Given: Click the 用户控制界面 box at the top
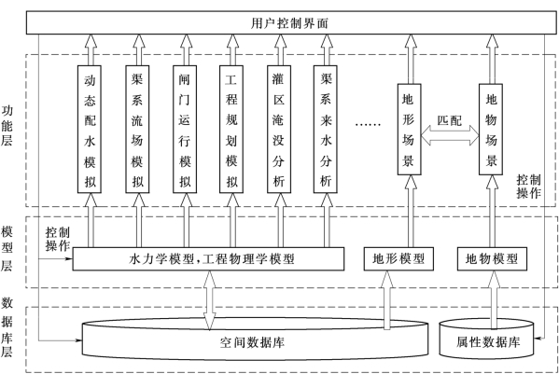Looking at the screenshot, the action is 291,22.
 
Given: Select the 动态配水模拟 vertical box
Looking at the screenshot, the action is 90,130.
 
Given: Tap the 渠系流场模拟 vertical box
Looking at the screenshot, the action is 137,130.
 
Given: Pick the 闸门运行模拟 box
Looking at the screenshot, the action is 185,130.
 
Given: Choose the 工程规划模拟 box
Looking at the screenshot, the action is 231,130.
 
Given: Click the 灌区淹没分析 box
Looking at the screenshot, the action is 279,130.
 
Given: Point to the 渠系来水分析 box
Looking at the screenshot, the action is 326,130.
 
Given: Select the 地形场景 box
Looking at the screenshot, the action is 410,130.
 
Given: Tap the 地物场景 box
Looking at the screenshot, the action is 491,130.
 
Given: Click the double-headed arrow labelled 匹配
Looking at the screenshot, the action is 450,135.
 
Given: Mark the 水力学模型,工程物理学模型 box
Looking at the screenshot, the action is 208,259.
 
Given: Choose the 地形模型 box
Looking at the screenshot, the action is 398,259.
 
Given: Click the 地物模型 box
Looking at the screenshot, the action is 492,259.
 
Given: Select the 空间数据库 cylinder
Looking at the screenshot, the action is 255,340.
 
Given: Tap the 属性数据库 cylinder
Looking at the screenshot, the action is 486,339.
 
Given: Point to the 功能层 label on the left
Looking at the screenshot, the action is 7,126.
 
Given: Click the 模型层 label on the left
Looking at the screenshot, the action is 7,248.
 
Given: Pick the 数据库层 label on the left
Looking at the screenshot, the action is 7,326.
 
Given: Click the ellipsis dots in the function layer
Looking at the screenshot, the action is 368,124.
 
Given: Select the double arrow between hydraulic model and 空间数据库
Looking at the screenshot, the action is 209,300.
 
